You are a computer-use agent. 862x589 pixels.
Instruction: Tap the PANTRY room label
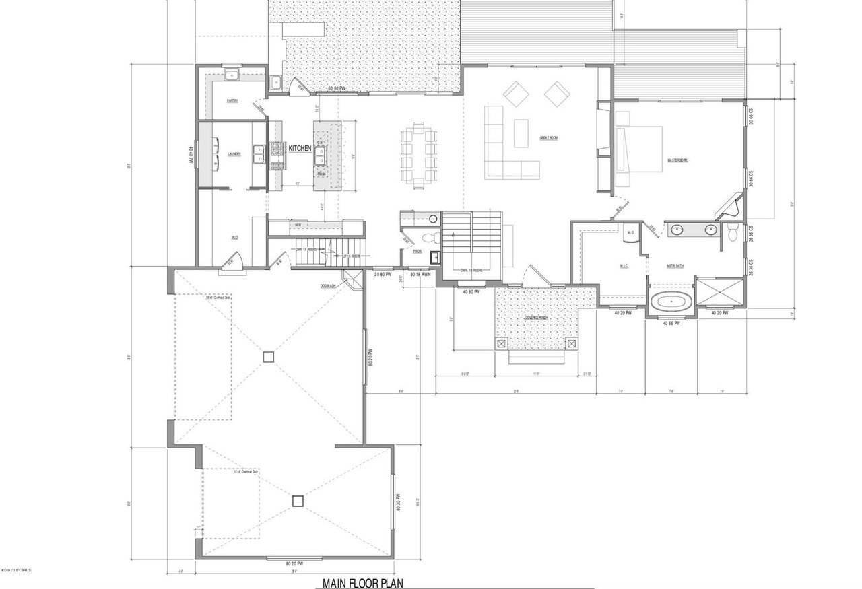coord(232,101)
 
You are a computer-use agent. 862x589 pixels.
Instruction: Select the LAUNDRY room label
coord(234,154)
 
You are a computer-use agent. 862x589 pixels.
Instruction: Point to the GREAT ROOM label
coord(549,138)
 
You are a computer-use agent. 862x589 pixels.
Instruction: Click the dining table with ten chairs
coord(418,155)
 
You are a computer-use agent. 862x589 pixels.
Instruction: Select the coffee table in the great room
coord(521,133)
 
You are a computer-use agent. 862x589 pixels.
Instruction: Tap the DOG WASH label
coord(329,285)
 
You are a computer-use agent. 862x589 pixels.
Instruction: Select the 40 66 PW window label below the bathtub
coord(671,324)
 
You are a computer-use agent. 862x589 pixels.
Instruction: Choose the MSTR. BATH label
coord(675,265)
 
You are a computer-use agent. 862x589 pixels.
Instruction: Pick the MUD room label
coord(235,237)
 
